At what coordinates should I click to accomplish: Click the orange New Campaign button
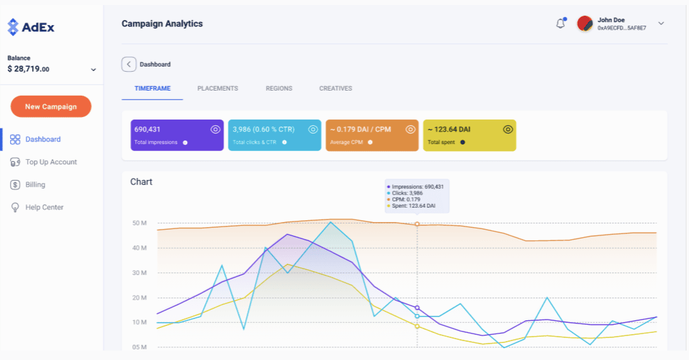pos(51,106)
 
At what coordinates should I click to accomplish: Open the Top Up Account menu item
pos(51,162)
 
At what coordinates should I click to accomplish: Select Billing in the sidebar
pos(35,184)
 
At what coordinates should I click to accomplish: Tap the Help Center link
pos(44,207)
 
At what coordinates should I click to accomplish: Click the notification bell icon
pos(560,24)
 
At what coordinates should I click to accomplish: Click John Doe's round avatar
pos(585,24)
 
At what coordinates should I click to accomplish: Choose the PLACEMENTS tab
pos(218,89)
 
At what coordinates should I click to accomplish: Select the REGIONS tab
pos(279,89)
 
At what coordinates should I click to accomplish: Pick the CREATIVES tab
pos(335,89)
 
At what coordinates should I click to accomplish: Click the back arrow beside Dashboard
pos(128,64)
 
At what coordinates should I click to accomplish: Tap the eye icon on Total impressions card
pos(215,129)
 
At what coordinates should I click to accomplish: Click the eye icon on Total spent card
pos(508,129)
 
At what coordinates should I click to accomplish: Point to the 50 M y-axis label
pos(140,223)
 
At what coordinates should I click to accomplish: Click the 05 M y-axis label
pos(140,347)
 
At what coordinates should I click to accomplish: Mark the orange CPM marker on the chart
pos(417,224)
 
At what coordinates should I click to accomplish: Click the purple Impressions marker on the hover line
pos(417,308)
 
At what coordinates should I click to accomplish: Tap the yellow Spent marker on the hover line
pos(417,326)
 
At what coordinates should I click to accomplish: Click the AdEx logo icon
pos(13,27)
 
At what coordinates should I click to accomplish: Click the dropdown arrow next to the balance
pos(93,69)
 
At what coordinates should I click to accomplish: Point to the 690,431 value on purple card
pos(148,129)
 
